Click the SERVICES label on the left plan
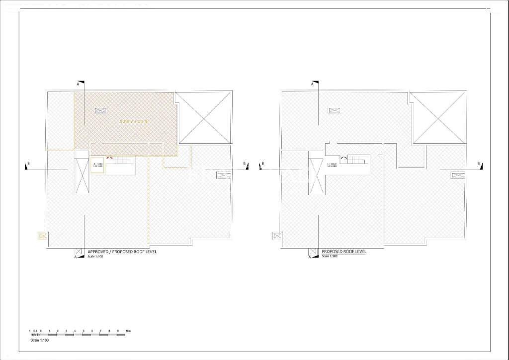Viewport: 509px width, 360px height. (x=133, y=122)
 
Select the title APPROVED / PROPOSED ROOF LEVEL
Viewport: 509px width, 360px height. (x=122, y=252)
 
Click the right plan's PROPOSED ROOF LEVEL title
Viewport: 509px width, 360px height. (x=344, y=252)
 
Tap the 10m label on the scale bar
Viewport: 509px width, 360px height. (x=128, y=331)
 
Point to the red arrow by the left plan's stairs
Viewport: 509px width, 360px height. (x=109, y=158)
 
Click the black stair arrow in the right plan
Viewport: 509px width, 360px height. (x=343, y=158)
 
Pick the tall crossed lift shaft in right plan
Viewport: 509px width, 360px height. (x=315, y=176)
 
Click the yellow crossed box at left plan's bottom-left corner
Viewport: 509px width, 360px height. (x=42, y=236)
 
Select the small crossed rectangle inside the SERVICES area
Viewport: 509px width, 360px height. (x=101, y=110)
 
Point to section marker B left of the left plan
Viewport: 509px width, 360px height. (x=27, y=165)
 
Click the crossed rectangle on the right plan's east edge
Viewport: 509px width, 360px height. (x=458, y=175)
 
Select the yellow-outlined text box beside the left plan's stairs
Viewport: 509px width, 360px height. (x=97, y=166)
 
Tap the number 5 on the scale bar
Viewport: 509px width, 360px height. (x=84, y=331)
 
